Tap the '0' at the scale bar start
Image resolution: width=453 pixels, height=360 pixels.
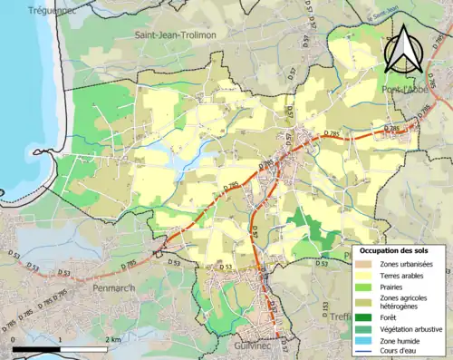pos(14,339)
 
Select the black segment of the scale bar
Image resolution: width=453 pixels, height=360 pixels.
pos(37,349)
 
